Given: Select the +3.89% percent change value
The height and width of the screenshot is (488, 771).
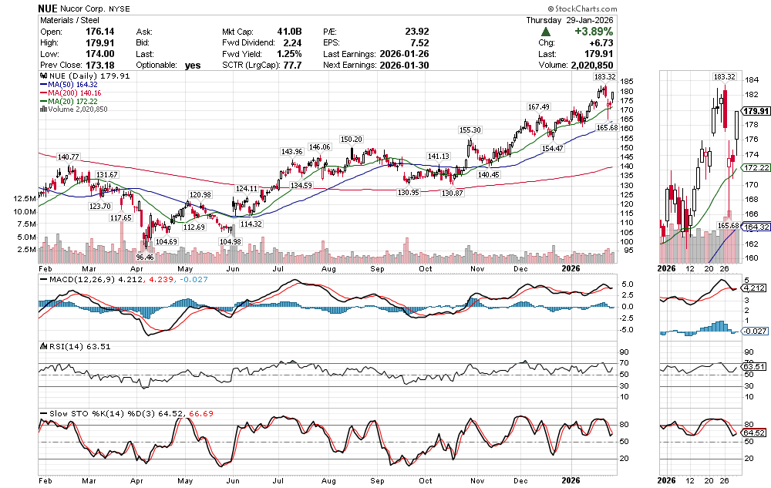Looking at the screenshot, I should [x=591, y=32].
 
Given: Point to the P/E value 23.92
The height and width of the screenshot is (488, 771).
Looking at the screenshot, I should [x=417, y=32].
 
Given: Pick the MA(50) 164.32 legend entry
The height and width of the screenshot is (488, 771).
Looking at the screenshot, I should [x=74, y=84].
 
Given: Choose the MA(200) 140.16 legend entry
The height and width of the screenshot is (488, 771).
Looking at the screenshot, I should [x=76, y=93].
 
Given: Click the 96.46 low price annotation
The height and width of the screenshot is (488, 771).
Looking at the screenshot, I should [x=145, y=256].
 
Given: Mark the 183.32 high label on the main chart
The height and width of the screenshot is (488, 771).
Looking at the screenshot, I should [x=604, y=77].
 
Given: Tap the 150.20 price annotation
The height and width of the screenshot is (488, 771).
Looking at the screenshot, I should [x=351, y=139].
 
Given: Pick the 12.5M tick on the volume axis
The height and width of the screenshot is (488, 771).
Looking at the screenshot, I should [x=23, y=199].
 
